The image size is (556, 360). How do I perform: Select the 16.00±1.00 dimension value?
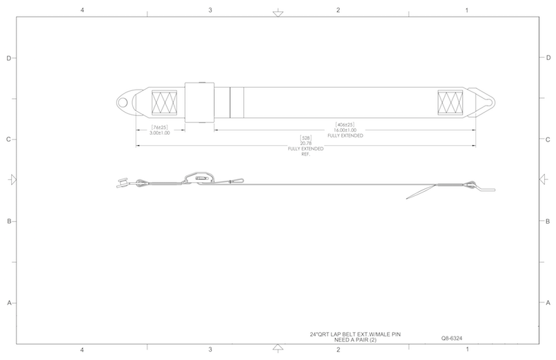point(345,130)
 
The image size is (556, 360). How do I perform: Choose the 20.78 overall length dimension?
point(304,143)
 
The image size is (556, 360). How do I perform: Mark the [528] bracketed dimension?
point(304,138)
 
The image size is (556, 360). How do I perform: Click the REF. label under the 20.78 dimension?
point(304,154)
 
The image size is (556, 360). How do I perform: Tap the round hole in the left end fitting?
point(123,104)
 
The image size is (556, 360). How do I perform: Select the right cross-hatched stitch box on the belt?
point(450,104)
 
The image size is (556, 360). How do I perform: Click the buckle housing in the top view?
point(199,103)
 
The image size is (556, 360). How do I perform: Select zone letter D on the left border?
point(9,58)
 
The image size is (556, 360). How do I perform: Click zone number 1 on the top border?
point(466,10)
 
